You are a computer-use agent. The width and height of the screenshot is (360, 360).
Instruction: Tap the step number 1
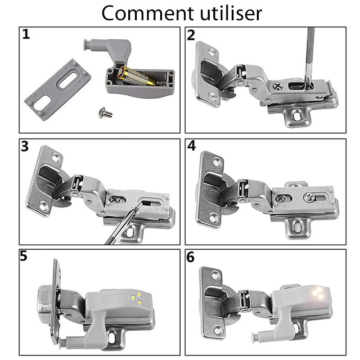26,35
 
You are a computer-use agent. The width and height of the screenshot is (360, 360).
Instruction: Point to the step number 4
192,147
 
